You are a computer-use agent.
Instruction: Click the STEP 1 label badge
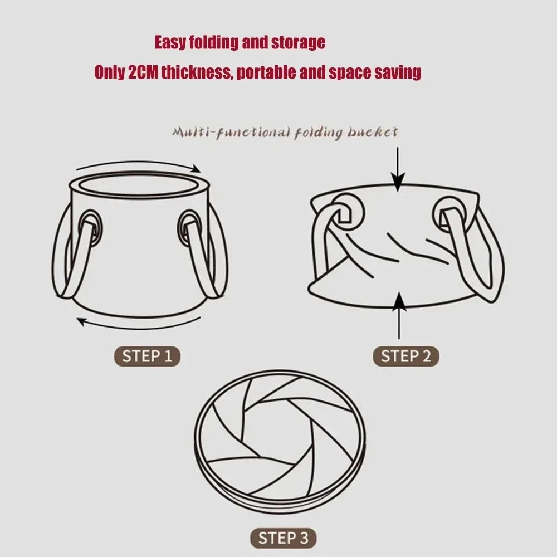coord(147,356)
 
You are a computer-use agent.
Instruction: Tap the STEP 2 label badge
coord(405,356)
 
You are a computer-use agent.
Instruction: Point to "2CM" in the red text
coord(143,73)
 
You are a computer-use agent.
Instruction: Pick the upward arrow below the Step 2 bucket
coord(399,315)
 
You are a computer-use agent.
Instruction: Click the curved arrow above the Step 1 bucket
coord(137,167)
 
